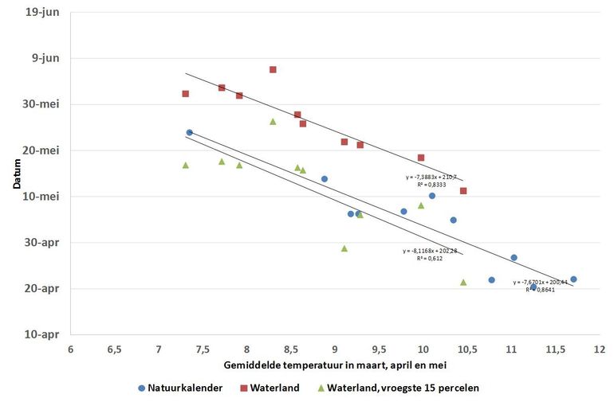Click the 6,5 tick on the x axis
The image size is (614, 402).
114,349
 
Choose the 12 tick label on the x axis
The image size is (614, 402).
599,349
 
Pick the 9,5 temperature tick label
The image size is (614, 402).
379,349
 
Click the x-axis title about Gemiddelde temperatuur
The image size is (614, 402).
336,365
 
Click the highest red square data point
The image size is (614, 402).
273,69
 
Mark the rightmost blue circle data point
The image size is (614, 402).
573,279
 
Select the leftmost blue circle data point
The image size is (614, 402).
189,133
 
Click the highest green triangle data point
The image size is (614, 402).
273,122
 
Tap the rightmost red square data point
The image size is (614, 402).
463,191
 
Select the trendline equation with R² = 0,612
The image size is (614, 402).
430,254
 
